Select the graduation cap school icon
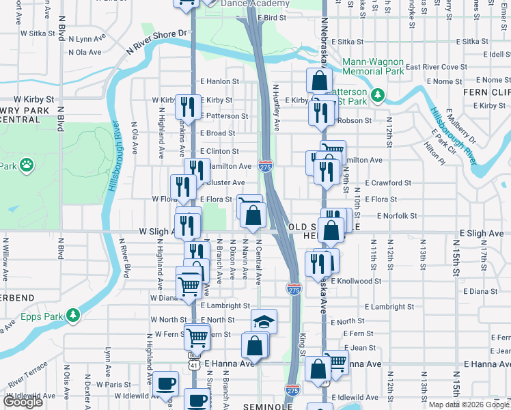[264, 322]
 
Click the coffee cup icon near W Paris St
[165, 383]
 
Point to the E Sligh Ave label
[481, 233]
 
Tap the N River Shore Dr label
[156, 42]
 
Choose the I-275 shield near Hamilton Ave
[265, 166]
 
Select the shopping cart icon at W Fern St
[197, 336]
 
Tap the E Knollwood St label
[356, 281]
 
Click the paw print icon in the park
[26, 165]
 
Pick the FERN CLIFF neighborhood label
[487, 92]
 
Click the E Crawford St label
[388, 183]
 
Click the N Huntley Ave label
[277, 107]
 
